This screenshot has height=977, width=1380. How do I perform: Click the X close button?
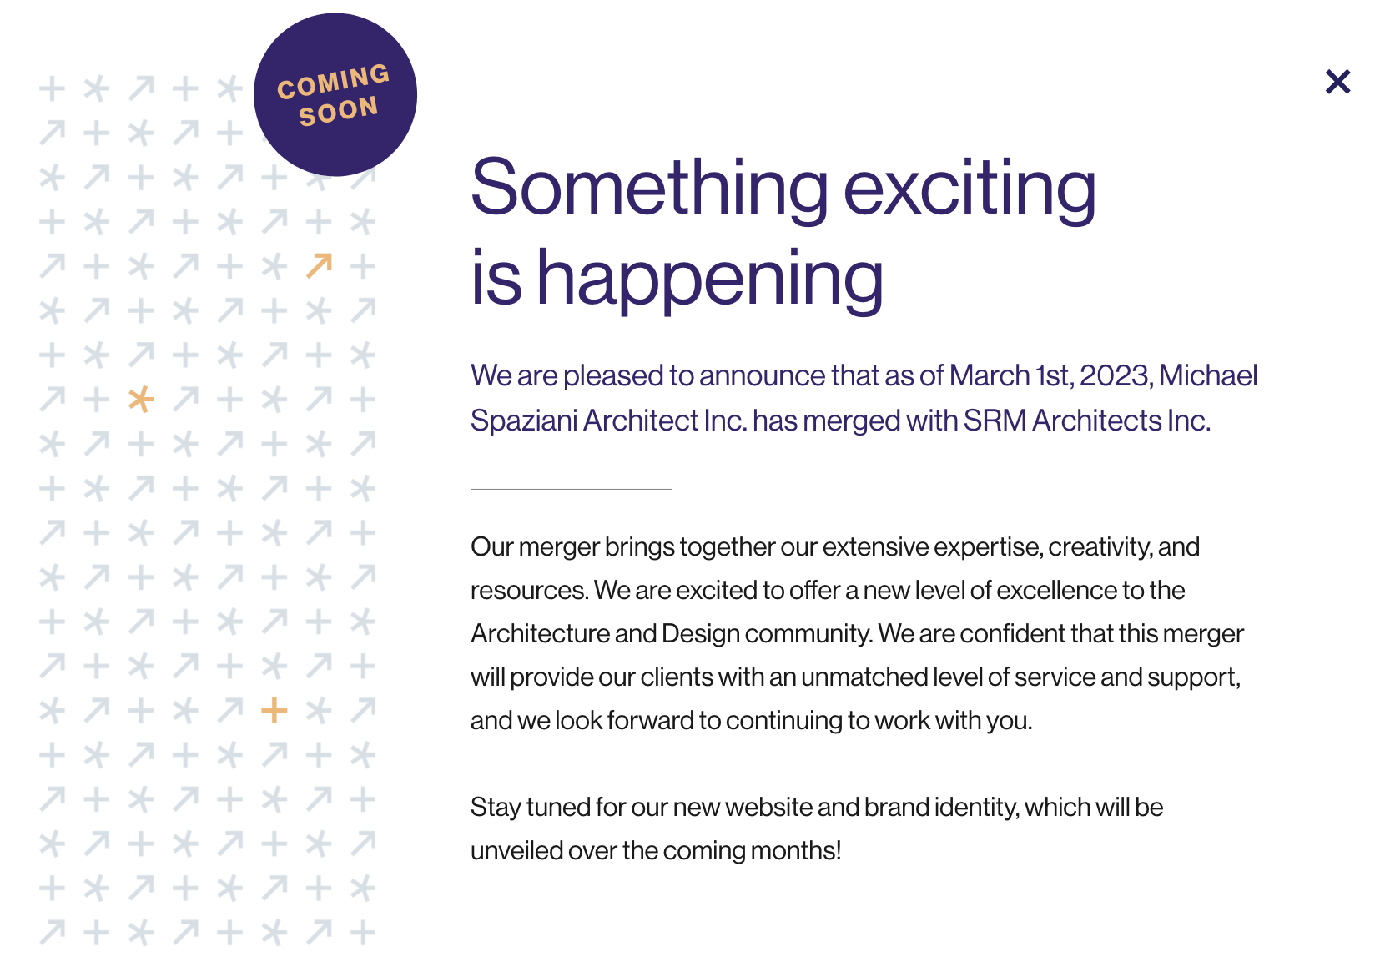pos(1337,82)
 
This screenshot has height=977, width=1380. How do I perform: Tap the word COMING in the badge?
pos(333,81)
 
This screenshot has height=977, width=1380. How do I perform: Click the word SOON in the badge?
pos(338,112)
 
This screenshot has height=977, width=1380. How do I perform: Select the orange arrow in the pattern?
pos(319,265)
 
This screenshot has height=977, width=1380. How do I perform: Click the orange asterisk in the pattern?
pos(141,399)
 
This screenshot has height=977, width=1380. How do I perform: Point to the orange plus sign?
pos(274,711)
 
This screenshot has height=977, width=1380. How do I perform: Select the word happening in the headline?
pos(710,280)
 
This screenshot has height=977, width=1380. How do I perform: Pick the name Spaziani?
pos(524,421)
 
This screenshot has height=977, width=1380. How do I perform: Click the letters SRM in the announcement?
pos(995,421)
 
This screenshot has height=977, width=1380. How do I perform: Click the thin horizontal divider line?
pos(571,489)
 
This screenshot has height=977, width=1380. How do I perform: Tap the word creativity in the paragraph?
pos(1100,547)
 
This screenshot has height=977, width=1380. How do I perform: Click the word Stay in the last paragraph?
pos(496,808)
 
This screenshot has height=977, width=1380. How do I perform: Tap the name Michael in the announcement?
pos(1208,375)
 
